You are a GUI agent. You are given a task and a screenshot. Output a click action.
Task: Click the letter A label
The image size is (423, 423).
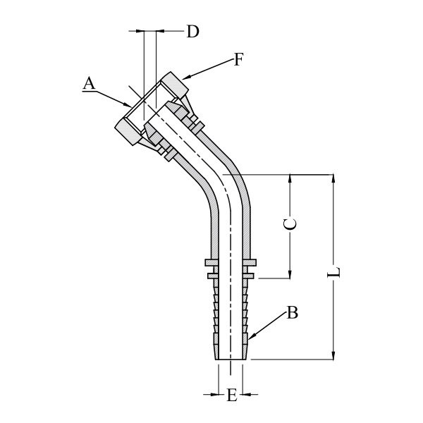click(89, 83)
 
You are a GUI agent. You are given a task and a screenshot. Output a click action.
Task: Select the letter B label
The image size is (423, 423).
click(292, 313)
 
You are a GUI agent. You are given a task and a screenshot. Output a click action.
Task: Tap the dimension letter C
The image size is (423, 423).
click(289, 224)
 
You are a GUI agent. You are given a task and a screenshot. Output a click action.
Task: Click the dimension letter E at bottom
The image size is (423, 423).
click(231, 396)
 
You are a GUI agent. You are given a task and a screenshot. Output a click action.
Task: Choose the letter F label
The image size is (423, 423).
click(238, 60)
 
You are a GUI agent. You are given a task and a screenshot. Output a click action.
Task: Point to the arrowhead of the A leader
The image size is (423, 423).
click(130, 106)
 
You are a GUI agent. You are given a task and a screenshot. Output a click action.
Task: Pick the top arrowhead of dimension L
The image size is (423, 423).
click(334, 176)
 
